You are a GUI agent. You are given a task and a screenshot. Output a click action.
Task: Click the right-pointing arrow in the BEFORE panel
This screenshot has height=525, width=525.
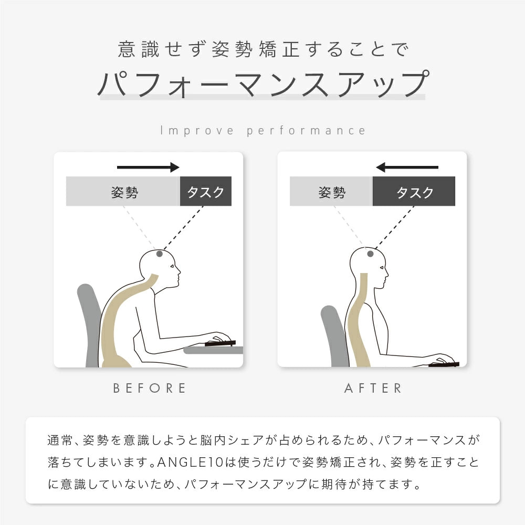point(148,167)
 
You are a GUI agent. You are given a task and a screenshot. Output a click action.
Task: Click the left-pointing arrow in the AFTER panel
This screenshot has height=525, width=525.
point(407,167)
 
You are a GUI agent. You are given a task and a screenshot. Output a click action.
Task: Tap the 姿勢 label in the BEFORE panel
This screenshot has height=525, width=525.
point(124,192)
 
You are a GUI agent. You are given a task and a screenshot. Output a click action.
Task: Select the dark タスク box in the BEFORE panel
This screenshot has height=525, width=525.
point(206,191)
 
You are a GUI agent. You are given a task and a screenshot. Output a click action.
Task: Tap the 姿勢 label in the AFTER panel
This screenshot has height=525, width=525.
point(332,192)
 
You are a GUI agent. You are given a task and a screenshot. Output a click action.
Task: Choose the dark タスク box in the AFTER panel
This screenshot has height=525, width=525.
point(414,191)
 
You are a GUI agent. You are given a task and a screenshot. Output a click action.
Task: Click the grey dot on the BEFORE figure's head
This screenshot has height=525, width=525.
point(160,254)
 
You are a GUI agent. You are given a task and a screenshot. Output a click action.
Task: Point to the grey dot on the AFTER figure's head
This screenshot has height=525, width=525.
point(370,254)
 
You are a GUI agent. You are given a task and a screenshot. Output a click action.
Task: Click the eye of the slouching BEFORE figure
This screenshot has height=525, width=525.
point(172,267)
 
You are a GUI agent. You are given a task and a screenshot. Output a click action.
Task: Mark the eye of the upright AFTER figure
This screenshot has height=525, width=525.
point(382,267)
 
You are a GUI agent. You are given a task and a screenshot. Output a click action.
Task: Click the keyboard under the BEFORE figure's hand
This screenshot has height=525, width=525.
point(220,343)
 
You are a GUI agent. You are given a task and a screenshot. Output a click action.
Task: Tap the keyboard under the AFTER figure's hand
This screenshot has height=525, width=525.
point(444,364)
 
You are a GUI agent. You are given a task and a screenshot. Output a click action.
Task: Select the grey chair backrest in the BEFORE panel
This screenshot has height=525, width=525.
point(90,321)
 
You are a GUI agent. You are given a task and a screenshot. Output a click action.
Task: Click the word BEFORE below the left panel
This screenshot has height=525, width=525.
point(149,388)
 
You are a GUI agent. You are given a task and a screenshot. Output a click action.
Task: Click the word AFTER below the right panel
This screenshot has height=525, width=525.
point(373,388)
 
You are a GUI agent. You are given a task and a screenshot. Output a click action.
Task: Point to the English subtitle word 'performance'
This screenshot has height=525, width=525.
point(306,131)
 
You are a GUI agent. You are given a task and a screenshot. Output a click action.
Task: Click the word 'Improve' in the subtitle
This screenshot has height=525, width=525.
point(197,130)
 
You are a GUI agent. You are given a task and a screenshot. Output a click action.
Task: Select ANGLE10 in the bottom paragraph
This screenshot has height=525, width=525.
point(190,463)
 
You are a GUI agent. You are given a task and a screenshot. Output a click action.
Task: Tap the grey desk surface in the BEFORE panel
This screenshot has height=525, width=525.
point(214,350)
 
